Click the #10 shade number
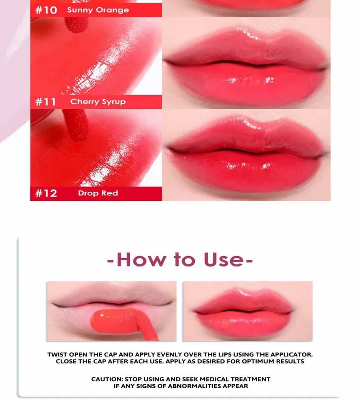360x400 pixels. [x=46, y=10]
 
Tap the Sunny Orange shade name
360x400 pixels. [x=98, y=10]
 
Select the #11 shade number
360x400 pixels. [x=45, y=102]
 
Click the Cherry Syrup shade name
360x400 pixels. [x=98, y=102]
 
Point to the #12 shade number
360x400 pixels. [x=46, y=193]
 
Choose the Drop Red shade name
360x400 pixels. [x=98, y=193]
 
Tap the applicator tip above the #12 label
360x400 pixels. [x=76, y=126]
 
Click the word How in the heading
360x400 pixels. [x=141, y=260]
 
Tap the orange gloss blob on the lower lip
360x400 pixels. [x=113, y=321]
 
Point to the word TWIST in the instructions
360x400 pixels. [x=57, y=354]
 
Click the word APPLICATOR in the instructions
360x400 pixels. [x=291, y=354]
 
